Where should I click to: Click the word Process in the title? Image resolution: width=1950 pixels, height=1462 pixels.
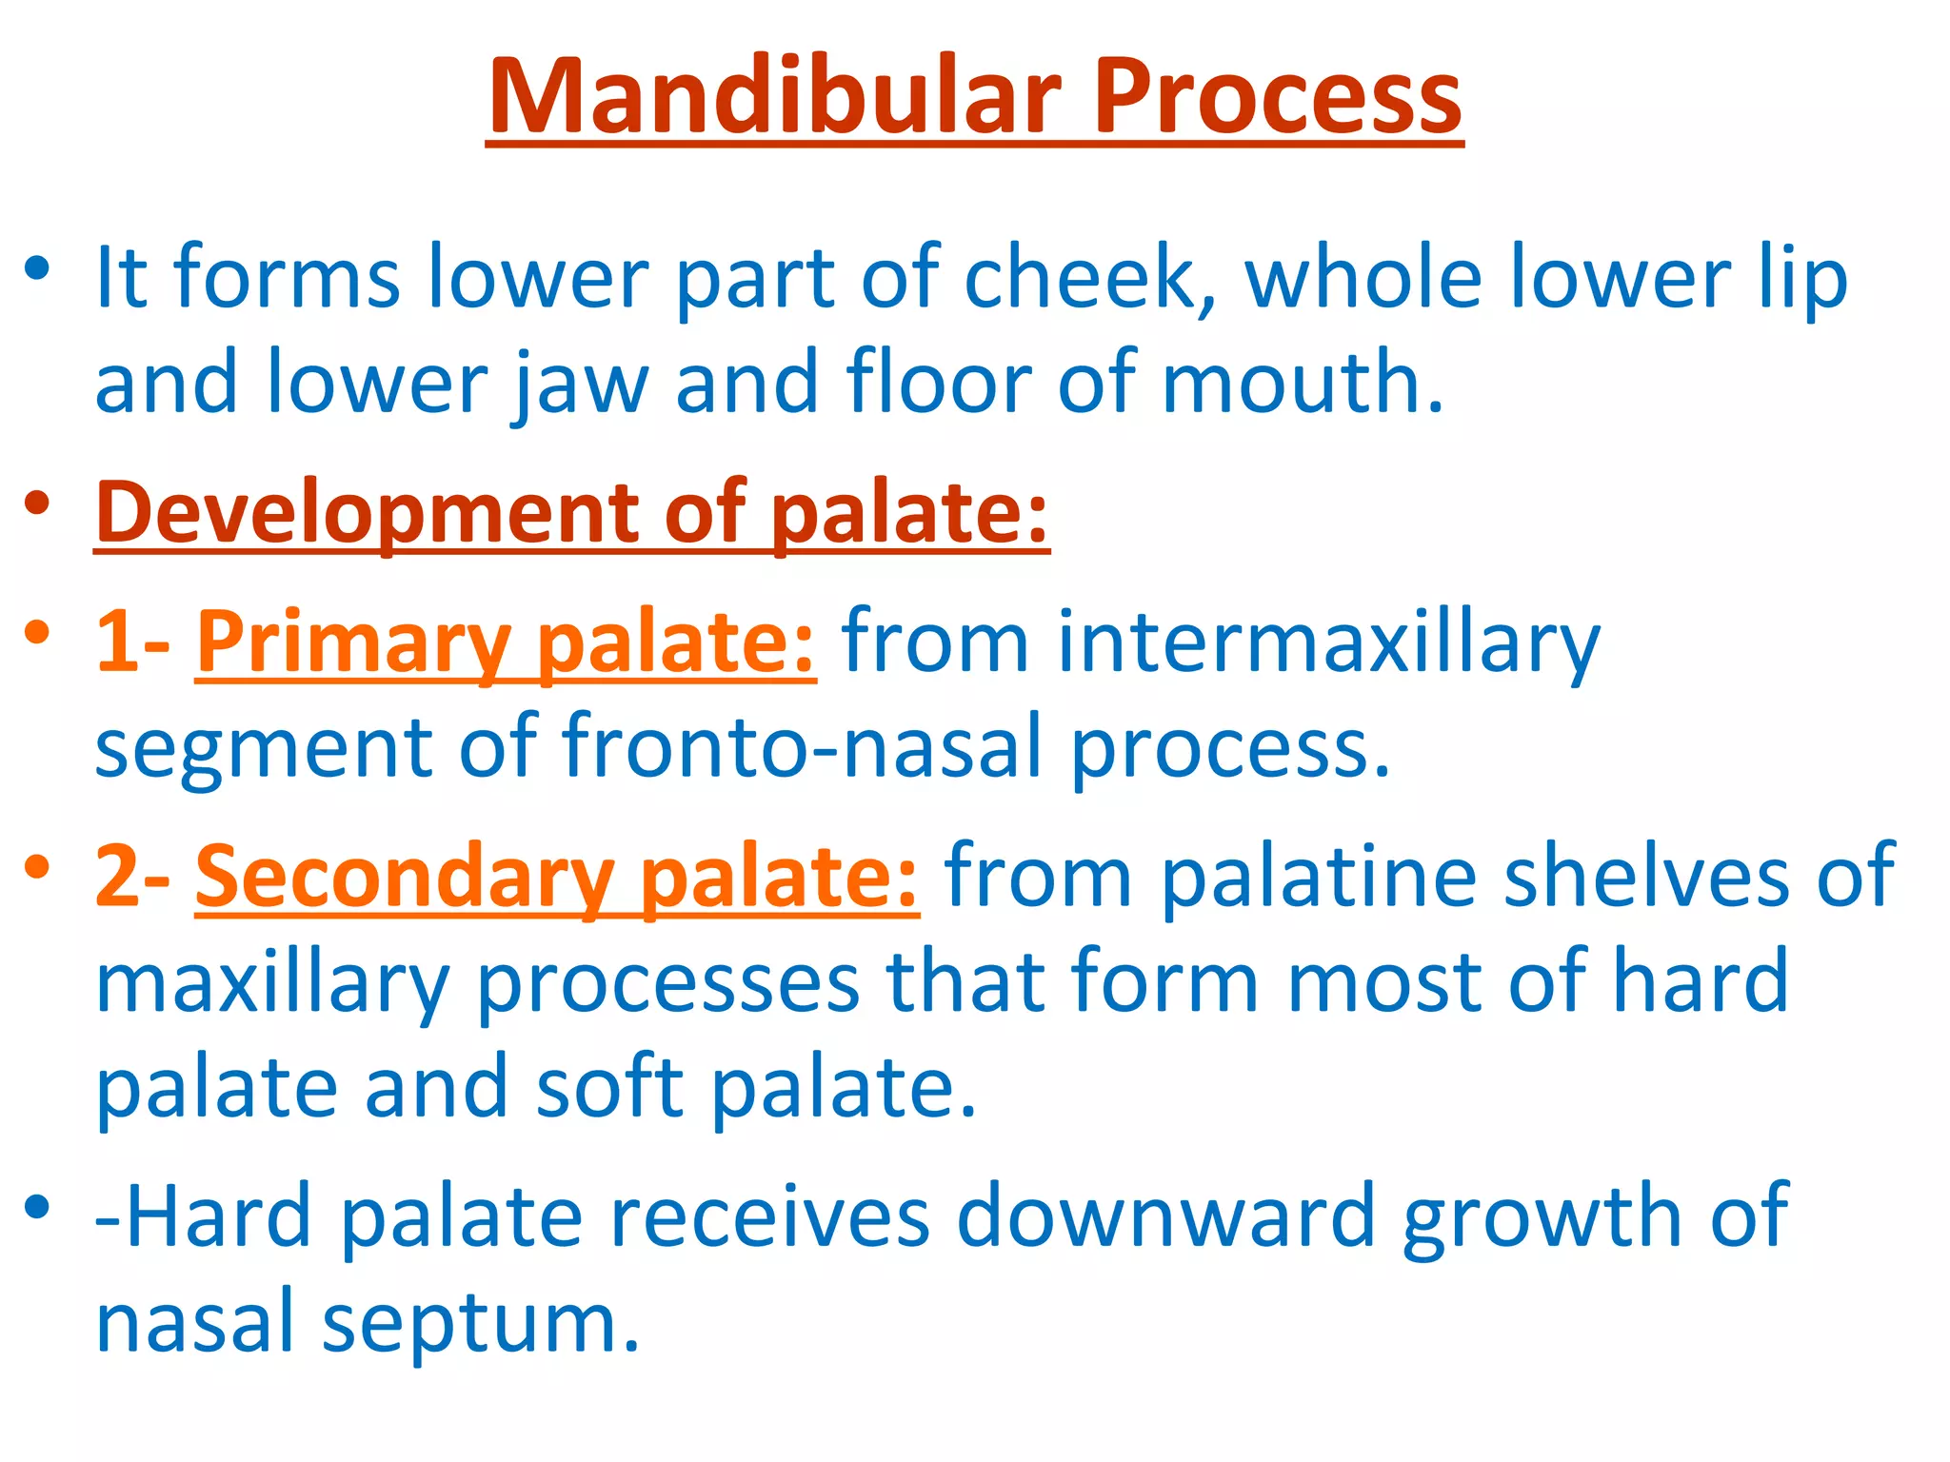1276,97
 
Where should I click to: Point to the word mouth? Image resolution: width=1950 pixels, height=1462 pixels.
1302,383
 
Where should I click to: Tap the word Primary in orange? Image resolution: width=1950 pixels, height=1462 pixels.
353,643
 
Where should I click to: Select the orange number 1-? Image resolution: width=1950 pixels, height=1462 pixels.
133,643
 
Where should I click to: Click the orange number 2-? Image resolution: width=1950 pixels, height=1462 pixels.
133,877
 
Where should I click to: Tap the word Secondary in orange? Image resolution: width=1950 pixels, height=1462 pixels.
404,877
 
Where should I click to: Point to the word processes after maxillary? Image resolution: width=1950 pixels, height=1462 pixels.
667,982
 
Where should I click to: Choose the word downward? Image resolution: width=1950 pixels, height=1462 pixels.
1165,1215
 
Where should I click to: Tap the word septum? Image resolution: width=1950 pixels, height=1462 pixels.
481,1323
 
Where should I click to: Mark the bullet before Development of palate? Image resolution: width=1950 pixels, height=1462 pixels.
37,503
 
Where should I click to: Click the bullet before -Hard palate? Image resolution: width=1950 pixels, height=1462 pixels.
37,1207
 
